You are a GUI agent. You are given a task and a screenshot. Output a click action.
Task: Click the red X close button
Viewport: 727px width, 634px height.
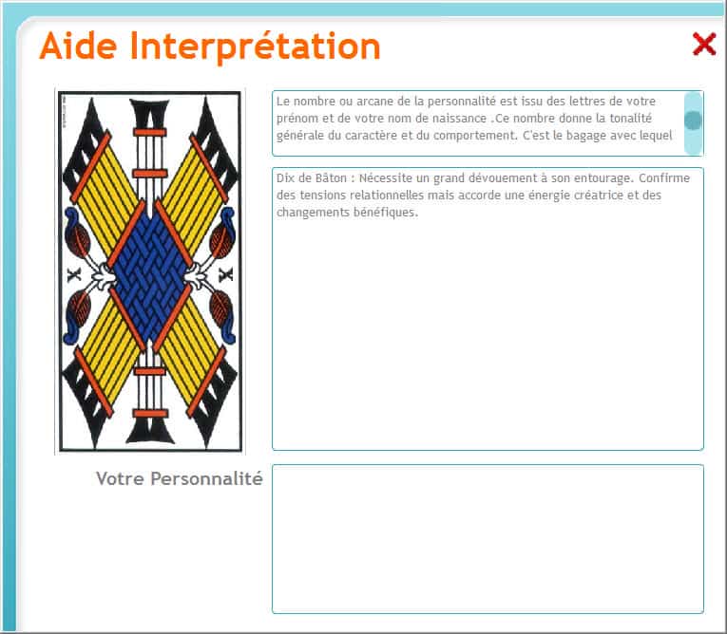[704, 44]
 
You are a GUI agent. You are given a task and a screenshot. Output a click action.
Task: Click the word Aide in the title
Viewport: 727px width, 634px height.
[78, 46]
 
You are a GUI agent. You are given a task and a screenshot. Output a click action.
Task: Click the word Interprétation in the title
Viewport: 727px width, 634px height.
[255, 47]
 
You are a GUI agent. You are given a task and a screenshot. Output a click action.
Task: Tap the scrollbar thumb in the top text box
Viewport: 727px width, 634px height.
[693, 121]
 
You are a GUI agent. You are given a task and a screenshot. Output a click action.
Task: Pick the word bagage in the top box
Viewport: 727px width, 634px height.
[585, 136]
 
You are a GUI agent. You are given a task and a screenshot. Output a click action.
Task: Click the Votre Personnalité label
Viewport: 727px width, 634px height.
[180, 478]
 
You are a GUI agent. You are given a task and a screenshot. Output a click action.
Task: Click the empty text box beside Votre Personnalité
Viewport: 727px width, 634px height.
[488, 539]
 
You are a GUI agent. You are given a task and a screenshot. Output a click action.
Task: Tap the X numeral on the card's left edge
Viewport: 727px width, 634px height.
[74, 275]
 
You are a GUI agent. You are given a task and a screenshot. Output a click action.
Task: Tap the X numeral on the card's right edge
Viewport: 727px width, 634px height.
[226, 275]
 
